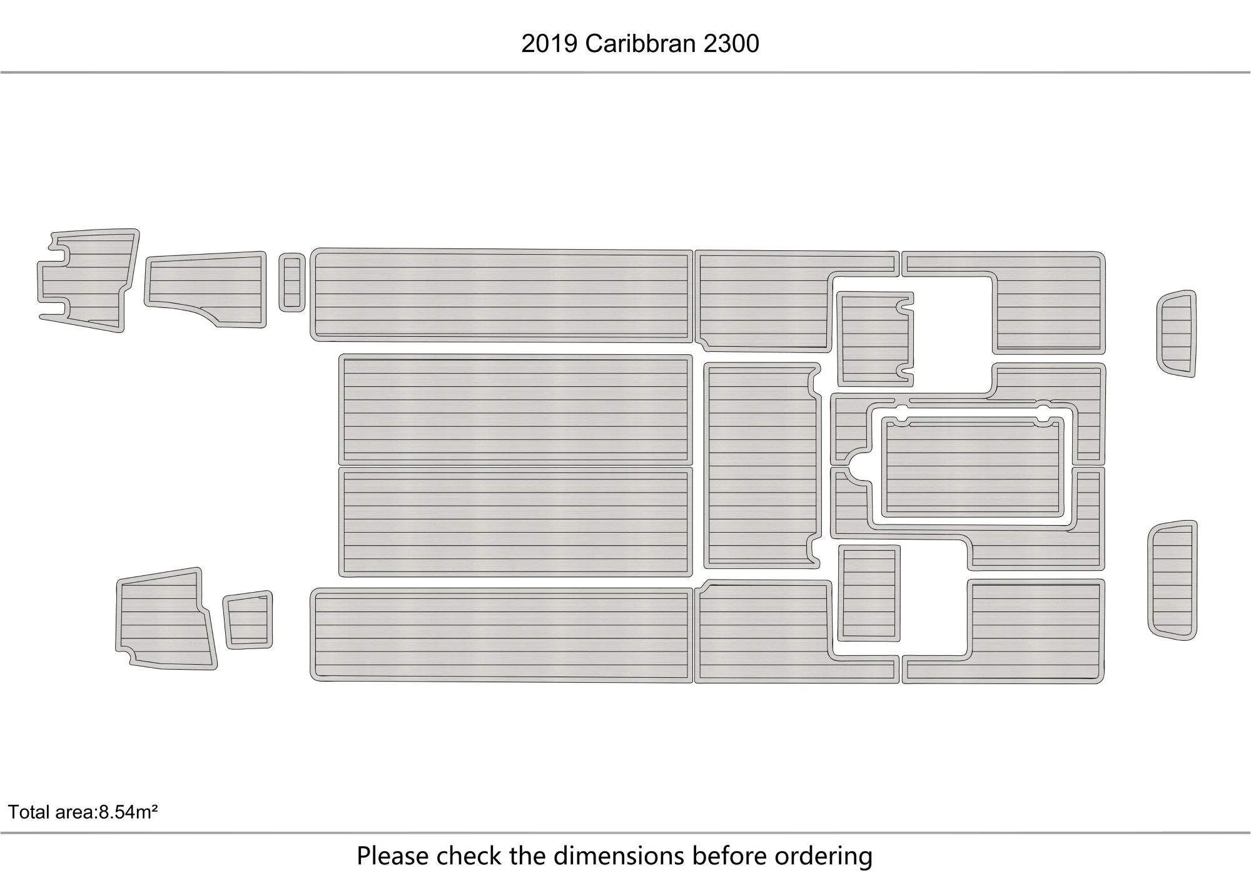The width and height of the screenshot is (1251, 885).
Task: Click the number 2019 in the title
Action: pyautogui.click(x=549, y=44)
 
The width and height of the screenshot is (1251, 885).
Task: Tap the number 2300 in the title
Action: pyautogui.click(x=731, y=44)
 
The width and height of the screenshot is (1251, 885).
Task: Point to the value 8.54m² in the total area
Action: pyautogui.click(x=128, y=812)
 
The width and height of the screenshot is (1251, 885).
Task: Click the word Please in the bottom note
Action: pyautogui.click(x=393, y=856)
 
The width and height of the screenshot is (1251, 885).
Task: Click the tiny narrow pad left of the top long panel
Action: pyautogui.click(x=291, y=282)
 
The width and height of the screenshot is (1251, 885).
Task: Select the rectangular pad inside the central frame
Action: pyautogui.click(x=973, y=466)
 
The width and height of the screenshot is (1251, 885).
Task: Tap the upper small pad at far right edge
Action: pyautogui.click(x=1177, y=334)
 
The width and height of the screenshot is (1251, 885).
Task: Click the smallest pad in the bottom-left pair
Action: pyautogui.click(x=248, y=619)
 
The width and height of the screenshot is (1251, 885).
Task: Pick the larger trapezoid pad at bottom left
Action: pyautogui.click(x=165, y=619)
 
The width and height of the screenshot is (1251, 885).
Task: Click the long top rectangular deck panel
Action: pyautogui.click(x=502, y=295)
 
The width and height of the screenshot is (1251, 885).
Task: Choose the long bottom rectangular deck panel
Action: pyautogui.click(x=502, y=635)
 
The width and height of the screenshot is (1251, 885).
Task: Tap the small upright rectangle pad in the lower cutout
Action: pyautogui.click(x=869, y=593)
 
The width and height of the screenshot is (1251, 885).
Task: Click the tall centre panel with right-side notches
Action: pyautogui.click(x=761, y=466)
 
